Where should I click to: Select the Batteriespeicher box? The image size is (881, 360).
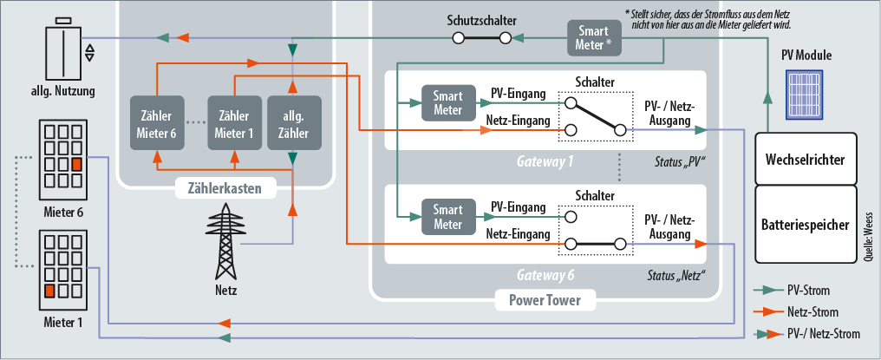pyautogui.click(x=806, y=223)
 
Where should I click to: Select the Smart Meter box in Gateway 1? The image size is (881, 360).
pyautogui.click(x=447, y=103)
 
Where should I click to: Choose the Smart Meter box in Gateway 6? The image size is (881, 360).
pyautogui.click(x=447, y=215)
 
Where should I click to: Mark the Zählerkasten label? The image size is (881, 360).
pyautogui.click(x=225, y=187)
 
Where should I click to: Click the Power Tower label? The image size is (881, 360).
pyautogui.click(x=545, y=301)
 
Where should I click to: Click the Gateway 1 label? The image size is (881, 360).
pyautogui.click(x=545, y=162)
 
